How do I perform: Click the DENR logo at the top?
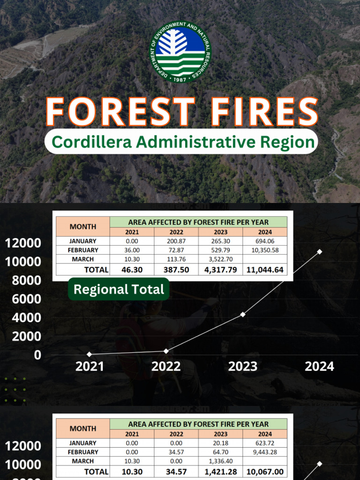180,52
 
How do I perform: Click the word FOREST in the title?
120,112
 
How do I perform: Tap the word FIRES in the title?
264,112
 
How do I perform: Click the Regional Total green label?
119,289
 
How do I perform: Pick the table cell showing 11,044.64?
265,270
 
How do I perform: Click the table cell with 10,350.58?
265,250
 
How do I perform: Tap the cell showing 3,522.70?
220,259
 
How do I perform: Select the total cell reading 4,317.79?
220,270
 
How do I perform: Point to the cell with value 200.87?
176,241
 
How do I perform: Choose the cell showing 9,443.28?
265,452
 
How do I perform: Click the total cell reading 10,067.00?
265,472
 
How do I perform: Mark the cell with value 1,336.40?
220,461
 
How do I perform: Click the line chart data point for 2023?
243,314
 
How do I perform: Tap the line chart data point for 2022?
166,351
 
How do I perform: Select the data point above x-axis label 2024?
319,252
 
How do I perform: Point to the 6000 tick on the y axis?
23,299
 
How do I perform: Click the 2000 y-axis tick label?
23,336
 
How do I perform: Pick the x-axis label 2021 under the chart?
90,367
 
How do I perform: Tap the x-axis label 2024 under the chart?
319,367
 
